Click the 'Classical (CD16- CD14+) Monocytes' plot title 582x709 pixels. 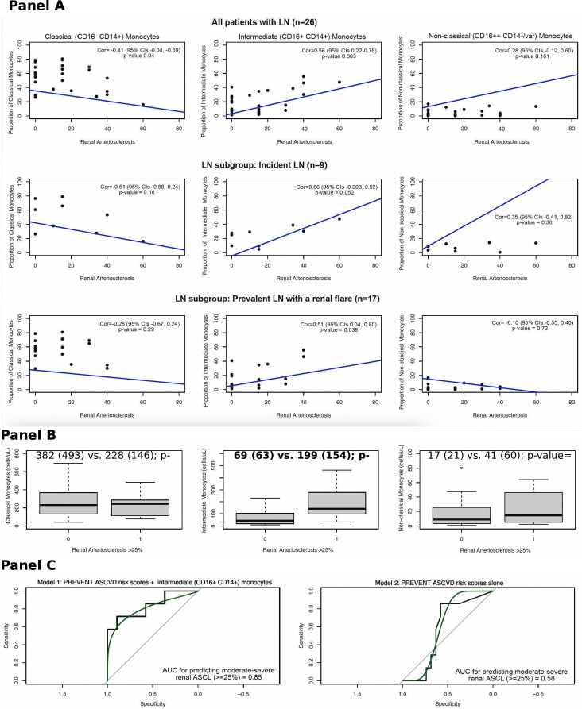(x=101, y=36)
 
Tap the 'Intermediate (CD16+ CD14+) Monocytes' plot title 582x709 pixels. (x=297, y=36)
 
